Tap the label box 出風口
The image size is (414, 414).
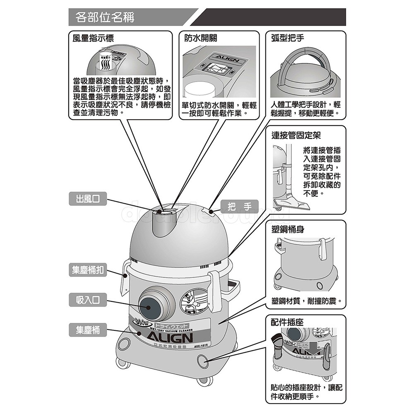tap(87, 199)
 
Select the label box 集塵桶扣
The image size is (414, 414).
tap(87, 270)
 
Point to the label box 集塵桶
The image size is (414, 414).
tap(87, 330)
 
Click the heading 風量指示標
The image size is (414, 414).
tap(93, 38)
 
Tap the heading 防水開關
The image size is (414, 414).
tap(200, 38)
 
